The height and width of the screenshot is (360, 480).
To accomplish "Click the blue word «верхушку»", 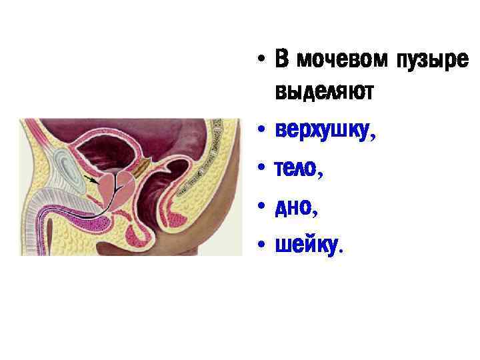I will tap(322, 131).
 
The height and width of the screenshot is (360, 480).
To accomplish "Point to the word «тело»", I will tap(295, 170).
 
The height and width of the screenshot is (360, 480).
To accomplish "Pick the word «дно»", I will tap(292, 209).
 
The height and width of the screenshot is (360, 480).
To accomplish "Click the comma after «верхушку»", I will tap(372, 138).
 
